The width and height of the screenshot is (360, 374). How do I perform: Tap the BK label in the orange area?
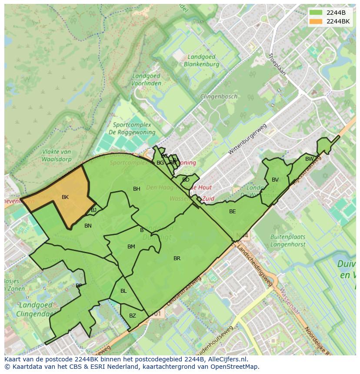coord(65,197)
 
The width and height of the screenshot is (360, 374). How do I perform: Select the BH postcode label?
coord(137,189)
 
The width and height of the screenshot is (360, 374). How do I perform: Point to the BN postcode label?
coord(88,226)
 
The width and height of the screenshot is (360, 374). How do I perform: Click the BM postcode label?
coord(131,247)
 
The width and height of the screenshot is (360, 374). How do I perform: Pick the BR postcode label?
coord(177,258)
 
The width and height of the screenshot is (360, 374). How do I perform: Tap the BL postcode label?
coord(123,291)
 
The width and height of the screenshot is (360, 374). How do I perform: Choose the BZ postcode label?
coord(133,316)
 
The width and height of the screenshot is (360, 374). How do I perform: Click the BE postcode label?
coord(233,212)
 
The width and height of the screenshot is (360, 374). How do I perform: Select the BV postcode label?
coord(275,180)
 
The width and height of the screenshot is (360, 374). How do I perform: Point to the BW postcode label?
coord(309,159)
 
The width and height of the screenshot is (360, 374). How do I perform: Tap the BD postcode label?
coord(186,180)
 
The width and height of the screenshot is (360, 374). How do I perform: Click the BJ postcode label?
coord(93,210)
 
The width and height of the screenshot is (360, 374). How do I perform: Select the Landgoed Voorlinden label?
coord(146,79)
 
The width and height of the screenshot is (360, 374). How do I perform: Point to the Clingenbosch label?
coord(219,96)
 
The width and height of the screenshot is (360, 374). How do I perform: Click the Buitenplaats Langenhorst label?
coord(288,241)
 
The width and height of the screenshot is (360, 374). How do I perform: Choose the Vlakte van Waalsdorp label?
coord(57,155)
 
